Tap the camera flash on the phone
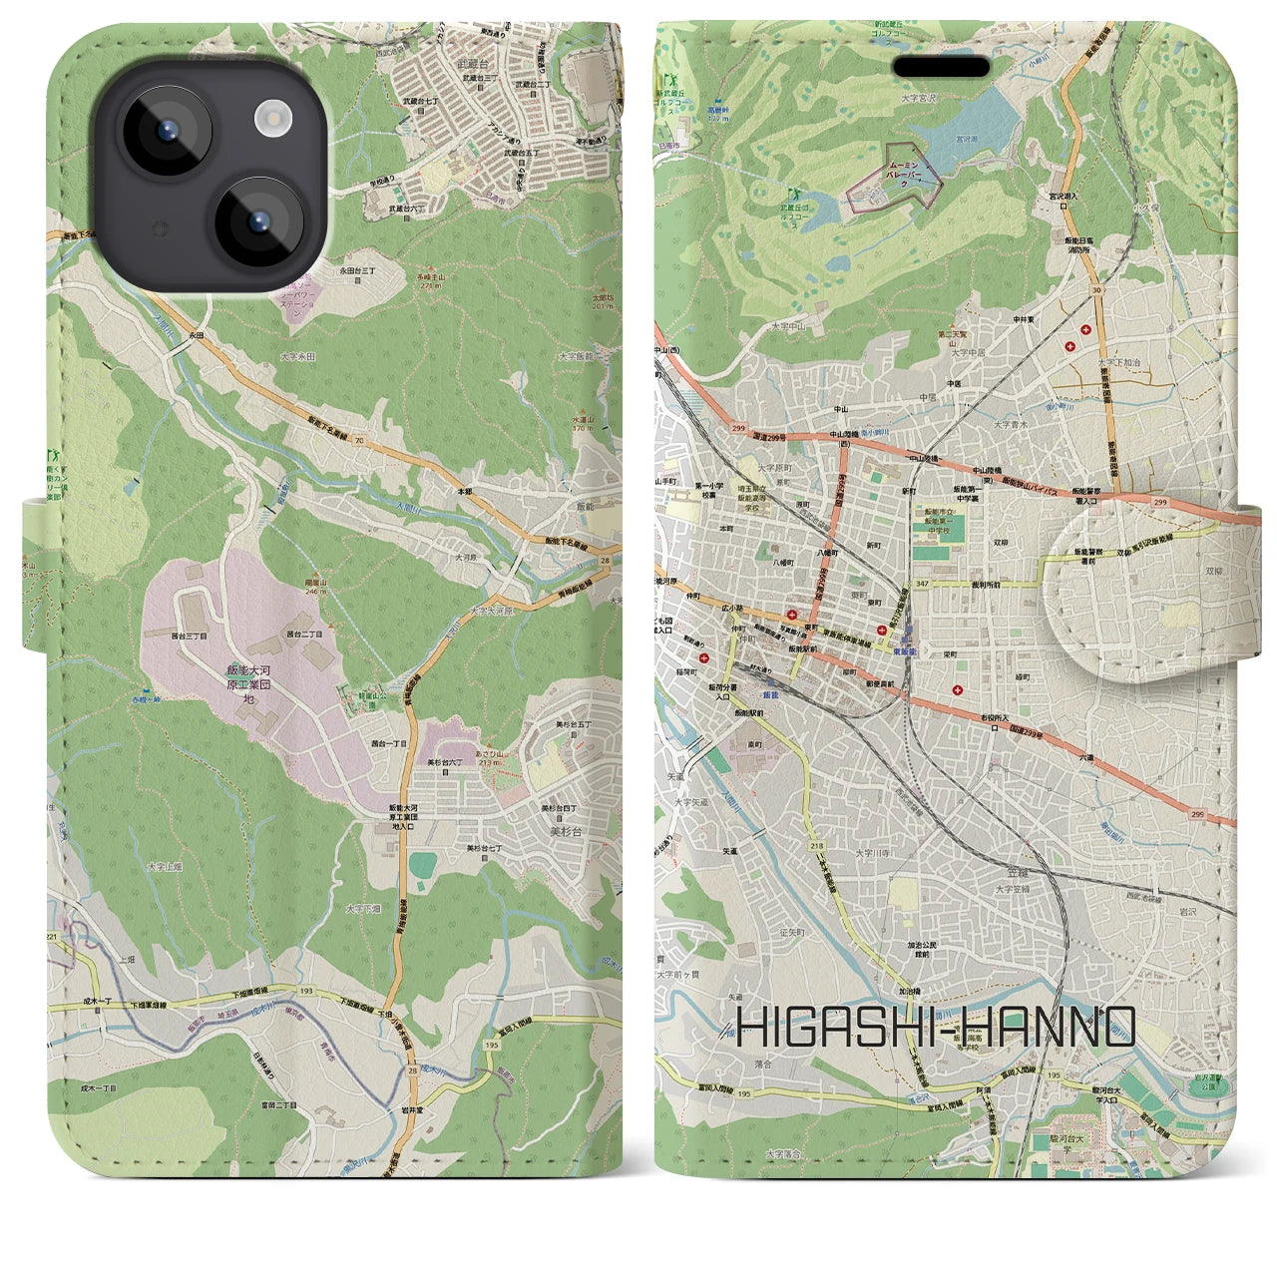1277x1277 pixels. click(271, 120)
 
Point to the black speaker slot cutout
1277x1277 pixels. click(941, 66)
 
